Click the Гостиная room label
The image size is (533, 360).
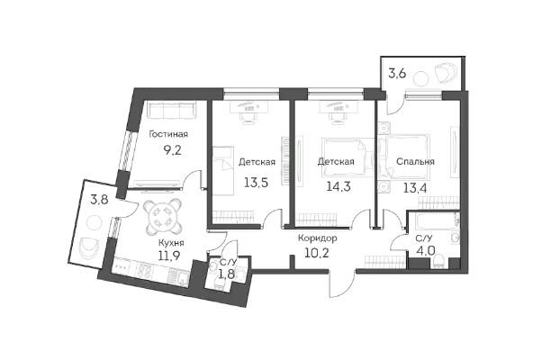[168, 134]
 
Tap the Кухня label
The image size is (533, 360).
[171, 243]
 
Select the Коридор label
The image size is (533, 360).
[318, 238]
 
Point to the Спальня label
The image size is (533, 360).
[415, 161]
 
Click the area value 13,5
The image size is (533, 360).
[257, 183]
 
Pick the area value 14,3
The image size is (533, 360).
[339, 186]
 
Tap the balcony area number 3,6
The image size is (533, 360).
[397, 74]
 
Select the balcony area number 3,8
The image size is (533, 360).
[99, 199]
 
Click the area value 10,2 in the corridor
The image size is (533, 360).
[317, 253]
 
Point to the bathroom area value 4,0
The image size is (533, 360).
[425, 251]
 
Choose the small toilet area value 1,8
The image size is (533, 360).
[227, 274]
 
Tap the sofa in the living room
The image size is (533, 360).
[173, 110]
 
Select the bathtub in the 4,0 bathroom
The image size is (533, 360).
[433, 222]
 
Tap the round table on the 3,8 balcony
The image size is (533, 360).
[94, 223]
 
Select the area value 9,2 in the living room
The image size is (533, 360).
[173, 150]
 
